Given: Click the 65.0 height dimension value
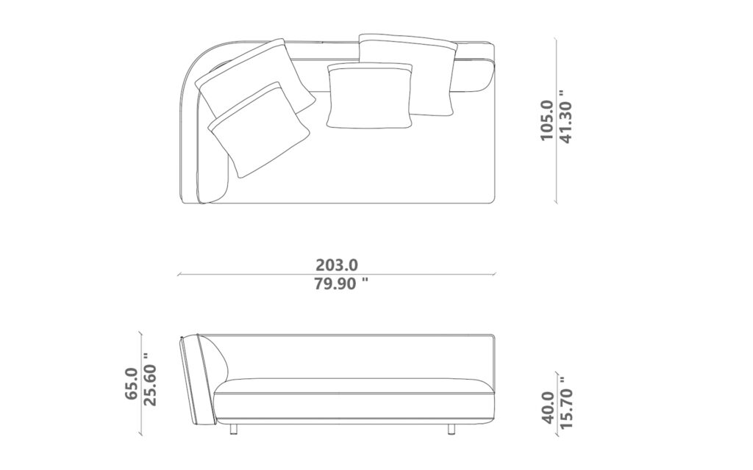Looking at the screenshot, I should (133, 383).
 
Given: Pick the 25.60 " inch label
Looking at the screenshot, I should (151, 379).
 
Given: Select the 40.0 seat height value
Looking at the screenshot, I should (548, 406).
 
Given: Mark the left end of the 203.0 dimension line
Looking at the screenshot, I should (179, 275).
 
